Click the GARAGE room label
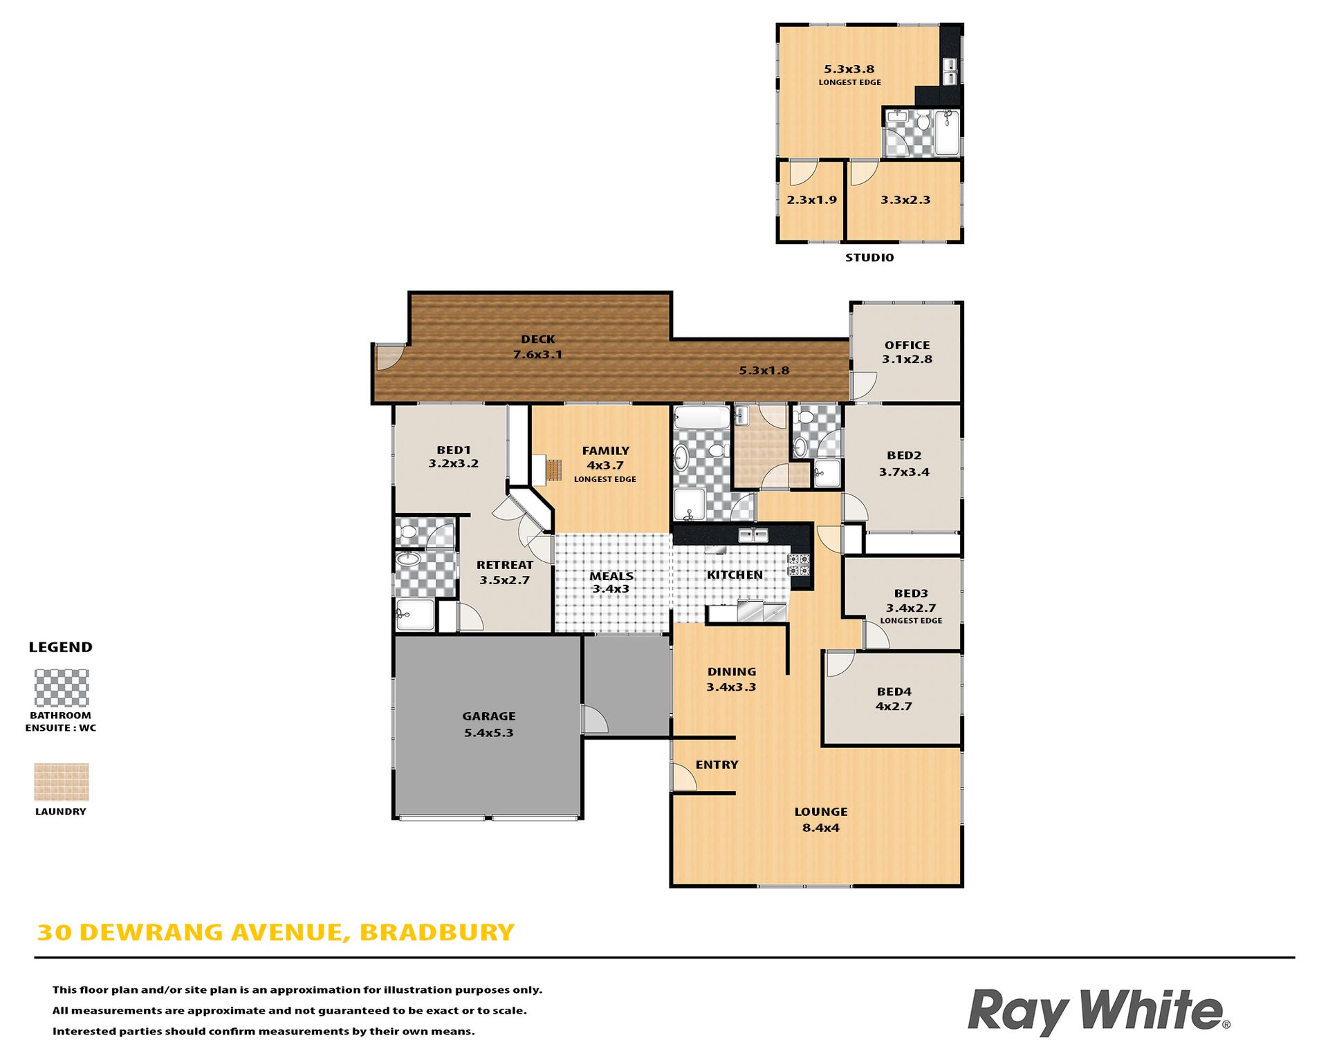point(489,716)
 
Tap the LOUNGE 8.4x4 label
point(821,819)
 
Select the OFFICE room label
point(907,345)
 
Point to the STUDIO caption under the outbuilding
point(869,257)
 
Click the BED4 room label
point(894,691)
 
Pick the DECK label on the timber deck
point(538,339)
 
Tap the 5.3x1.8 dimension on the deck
point(764,371)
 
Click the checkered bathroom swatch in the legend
point(62,688)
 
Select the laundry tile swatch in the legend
point(62,782)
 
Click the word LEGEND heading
point(61,647)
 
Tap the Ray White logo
point(1098,1012)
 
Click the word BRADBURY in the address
point(437,932)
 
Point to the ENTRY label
point(717,765)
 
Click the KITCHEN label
point(735,575)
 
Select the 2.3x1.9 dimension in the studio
point(811,200)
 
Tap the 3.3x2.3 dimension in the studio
point(905,200)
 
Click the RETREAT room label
point(505,565)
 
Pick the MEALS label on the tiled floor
point(611,576)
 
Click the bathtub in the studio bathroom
point(947,133)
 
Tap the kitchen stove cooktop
point(799,565)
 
